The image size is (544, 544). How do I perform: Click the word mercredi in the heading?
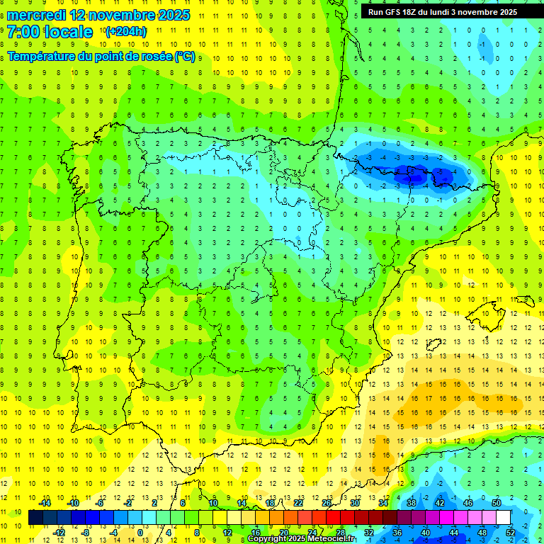click(x=36, y=15)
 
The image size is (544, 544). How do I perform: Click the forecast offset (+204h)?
click(x=125, y=32)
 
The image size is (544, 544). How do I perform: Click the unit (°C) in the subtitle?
click(x=185, y=56)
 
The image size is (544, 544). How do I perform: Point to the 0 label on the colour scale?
click(x=140, y=533)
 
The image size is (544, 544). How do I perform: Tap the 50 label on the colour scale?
click(x=497, y=503)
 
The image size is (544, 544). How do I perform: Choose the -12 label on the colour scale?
click(x=59, y=533)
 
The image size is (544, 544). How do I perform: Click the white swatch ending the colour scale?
click(x=504, y=518)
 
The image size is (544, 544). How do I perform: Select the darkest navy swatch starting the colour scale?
click(x=36, y=518)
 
